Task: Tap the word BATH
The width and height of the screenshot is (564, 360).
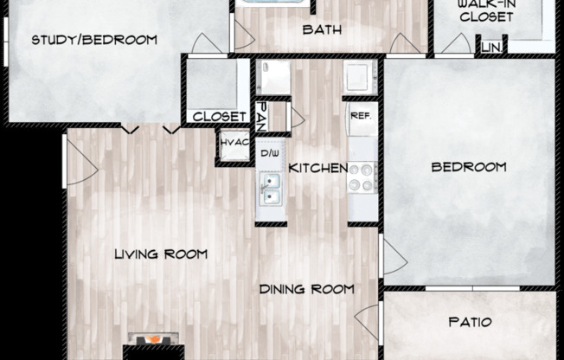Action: [x=322, y=29]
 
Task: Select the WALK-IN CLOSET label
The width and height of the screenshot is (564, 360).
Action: [x=486, y=10]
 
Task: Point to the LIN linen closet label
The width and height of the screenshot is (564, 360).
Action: [x=491, y=47]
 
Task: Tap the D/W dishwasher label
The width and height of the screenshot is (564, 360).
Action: [x=270, y=153]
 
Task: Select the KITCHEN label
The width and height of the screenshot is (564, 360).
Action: [x=317, y=168]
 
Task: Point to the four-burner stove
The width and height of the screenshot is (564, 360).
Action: [x=361, y=178]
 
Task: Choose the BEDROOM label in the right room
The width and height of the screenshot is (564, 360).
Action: [x=469, y=167]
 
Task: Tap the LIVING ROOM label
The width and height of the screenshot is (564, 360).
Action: [x=162, y=254]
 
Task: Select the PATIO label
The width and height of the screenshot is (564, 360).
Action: [x=471, y=322]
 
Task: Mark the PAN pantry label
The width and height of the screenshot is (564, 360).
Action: [x=260, y=113]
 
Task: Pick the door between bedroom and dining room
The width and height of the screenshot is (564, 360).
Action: [x=392, y=258]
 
